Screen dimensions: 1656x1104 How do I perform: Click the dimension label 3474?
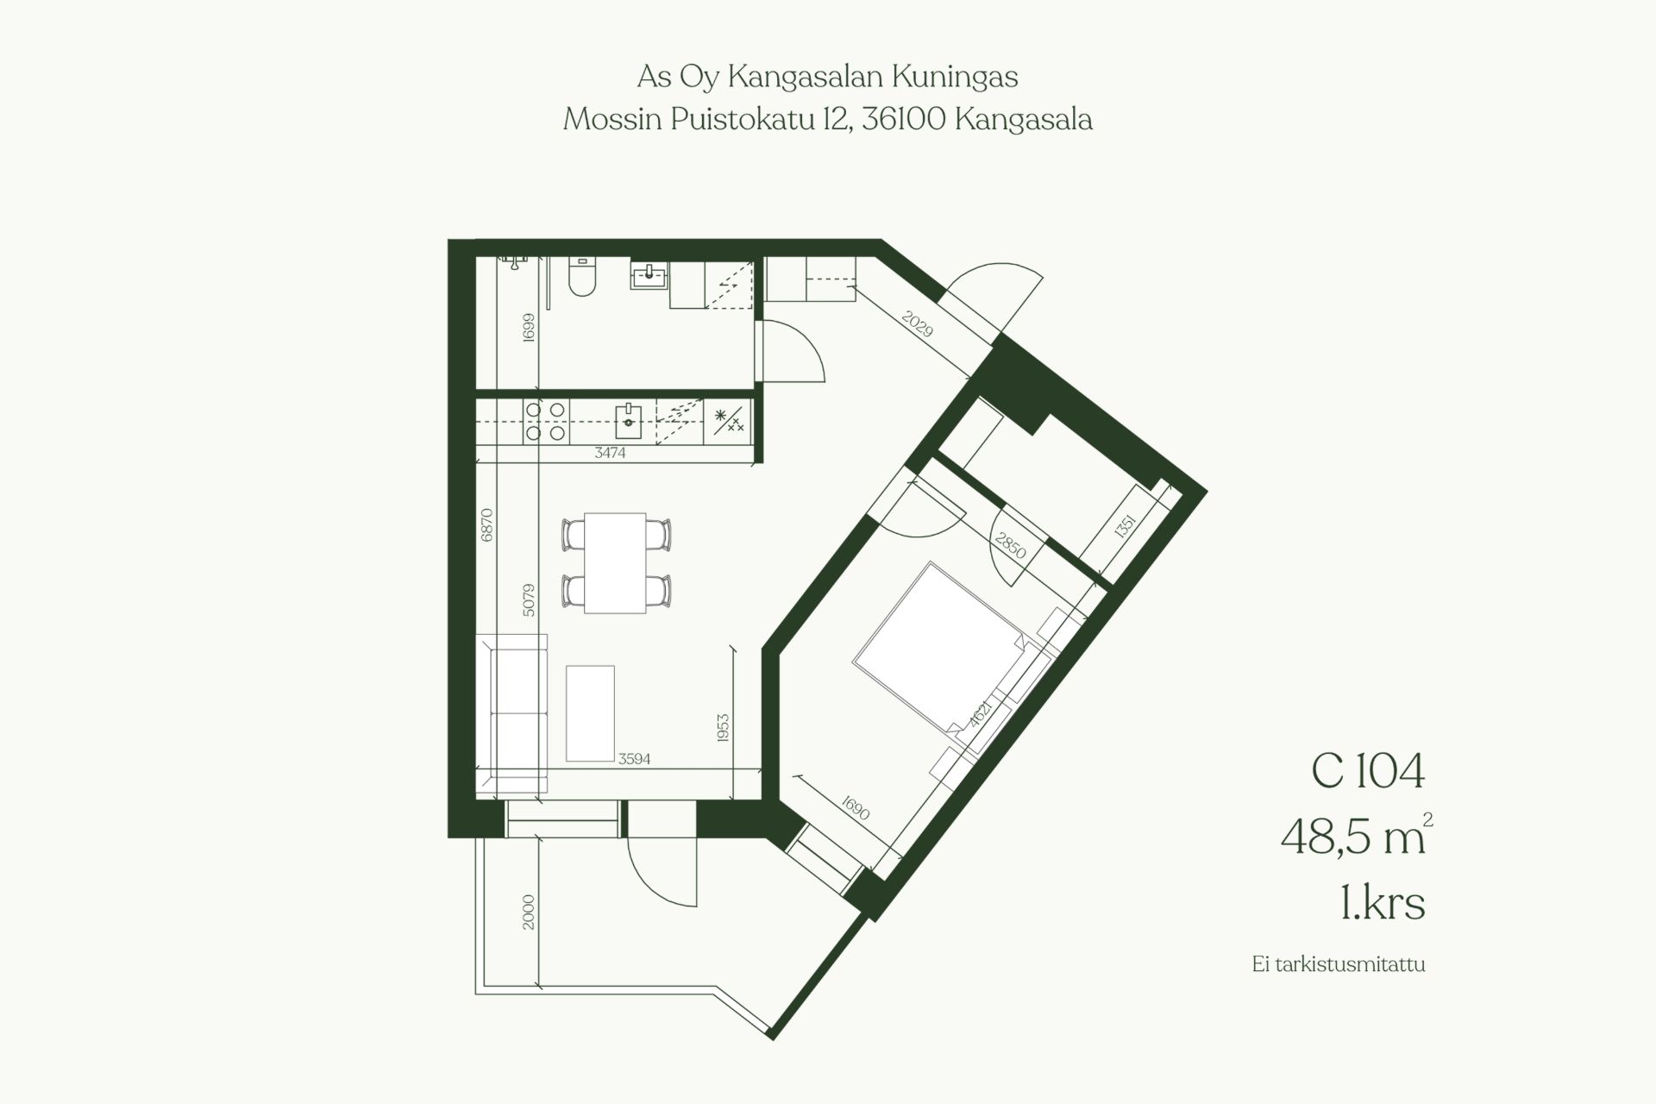click(x=610, y=453)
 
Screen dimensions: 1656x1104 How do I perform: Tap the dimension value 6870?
click(x=486, y=524)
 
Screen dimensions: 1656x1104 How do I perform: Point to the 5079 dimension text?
click(x=529, y=600)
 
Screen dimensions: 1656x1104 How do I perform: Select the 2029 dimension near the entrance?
click(x=918, y=323)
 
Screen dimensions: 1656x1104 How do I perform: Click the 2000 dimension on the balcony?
click(x=529, y=912)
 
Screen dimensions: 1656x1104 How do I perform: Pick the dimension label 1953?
click(x=723, y=727)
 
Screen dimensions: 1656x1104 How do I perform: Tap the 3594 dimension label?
click(x=634, y=760)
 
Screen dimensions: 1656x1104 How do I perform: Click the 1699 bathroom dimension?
click(x=529, y=327)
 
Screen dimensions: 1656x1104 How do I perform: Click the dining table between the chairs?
click(x=615, y=563)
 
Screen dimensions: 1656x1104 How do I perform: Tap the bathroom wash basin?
click(x=649, y=276)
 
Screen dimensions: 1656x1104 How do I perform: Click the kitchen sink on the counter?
click(x=628, y=422)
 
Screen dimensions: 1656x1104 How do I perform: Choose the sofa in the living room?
click(x=511, y=714)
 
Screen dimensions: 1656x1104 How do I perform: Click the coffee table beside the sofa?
click(x=591, y=713)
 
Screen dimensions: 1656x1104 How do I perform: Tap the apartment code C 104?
click(x=1368, y=770)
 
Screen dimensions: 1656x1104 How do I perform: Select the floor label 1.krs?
click(x=1383, y=903)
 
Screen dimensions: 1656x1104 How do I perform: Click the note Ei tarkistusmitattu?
click(x=1339, y=964)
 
